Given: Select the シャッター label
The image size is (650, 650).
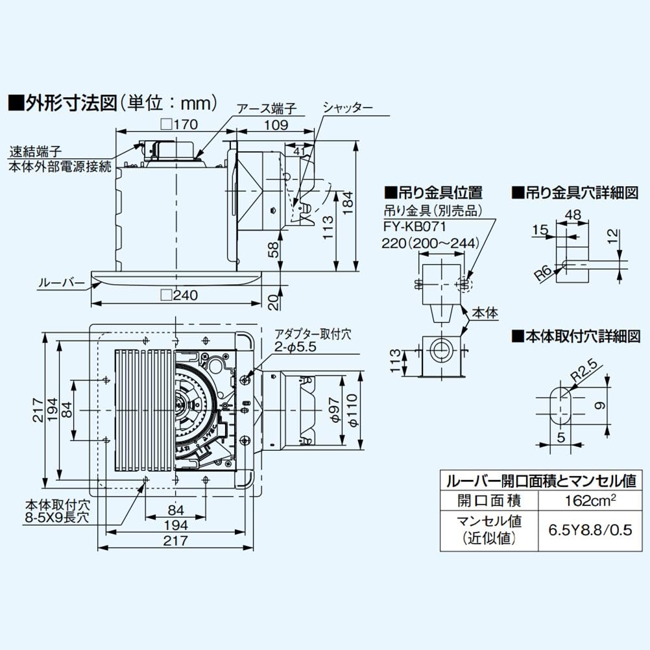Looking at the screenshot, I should [x=348, y=108].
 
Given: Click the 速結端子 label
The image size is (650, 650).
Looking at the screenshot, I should [x=35, y=154].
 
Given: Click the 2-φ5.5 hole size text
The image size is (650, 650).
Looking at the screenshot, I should [x=295, y=348].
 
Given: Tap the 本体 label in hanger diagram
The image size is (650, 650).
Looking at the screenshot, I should [x=485, y=313].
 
